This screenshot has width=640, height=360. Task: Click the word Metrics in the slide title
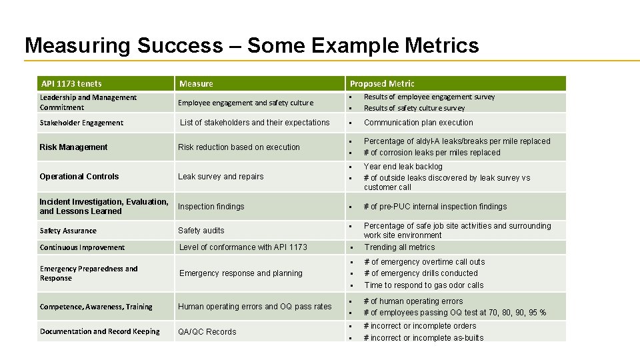(441, 45)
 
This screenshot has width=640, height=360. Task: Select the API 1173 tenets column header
(71, 83)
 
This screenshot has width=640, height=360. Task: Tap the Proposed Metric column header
(382, 83)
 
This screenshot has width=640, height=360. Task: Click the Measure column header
(196, 83)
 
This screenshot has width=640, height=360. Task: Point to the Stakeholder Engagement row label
(81, 123)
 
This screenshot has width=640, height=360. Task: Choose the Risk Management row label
(73, 147)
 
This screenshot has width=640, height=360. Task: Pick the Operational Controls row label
(79, 177)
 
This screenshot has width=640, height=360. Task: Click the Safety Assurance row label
(68, 231)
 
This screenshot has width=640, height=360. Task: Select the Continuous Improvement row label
(82, 247)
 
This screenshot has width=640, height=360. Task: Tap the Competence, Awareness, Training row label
(96, 307)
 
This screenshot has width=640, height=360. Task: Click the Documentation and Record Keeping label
(99, 331)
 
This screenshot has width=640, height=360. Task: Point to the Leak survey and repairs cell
(221, 177)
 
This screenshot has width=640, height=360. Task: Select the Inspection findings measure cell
(211, 207)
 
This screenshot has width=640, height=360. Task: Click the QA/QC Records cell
(207, 332)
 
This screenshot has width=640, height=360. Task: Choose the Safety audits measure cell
(201, 231)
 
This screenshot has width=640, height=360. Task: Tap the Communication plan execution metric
(419, 123)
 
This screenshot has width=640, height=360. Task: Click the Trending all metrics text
(399, 247)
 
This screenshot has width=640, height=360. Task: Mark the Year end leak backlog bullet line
(403, 167)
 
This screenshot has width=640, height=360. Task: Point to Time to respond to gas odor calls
(424, 285)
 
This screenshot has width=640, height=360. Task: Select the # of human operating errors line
(413, 301)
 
